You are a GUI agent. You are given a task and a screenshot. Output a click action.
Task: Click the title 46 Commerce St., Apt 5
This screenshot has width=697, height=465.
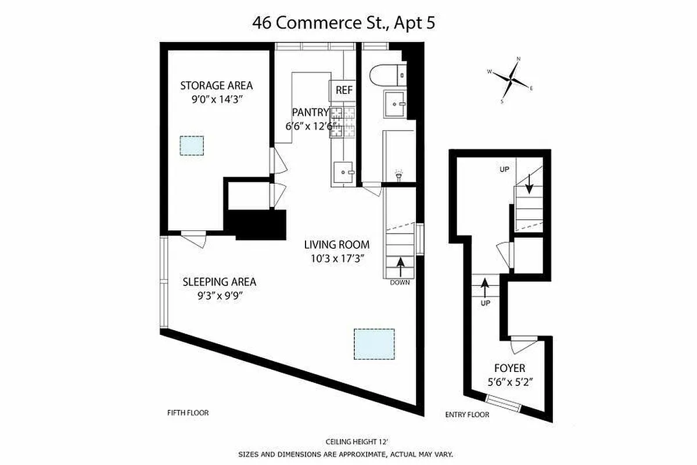[348, 23]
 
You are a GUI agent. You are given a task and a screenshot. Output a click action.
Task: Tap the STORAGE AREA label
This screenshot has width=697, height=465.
[216, 85]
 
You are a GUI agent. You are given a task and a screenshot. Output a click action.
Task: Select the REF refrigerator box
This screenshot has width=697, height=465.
[344, 91]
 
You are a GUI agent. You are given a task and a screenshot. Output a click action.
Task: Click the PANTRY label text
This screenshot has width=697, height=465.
[310, 113]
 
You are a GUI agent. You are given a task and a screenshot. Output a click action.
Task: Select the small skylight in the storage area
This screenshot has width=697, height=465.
[192, 145]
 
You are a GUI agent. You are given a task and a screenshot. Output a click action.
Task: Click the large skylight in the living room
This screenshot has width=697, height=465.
[375, 344]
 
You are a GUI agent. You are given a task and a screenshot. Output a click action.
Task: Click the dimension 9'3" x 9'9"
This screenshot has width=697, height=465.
[219, 295]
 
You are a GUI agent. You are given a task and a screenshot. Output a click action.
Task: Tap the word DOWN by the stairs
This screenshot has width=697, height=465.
[400, 283]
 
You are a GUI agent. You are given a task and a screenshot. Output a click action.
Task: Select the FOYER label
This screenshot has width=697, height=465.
[509, 368]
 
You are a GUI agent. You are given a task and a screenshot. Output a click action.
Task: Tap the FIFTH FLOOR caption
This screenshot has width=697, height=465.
[188, 413]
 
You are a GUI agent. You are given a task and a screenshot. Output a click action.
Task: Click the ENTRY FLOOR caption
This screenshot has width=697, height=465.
[467, 414]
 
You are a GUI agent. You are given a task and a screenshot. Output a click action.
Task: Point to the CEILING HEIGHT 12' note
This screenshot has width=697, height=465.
[348, 442]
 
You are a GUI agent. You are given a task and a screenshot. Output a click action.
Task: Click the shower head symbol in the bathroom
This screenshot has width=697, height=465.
[398, 173]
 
